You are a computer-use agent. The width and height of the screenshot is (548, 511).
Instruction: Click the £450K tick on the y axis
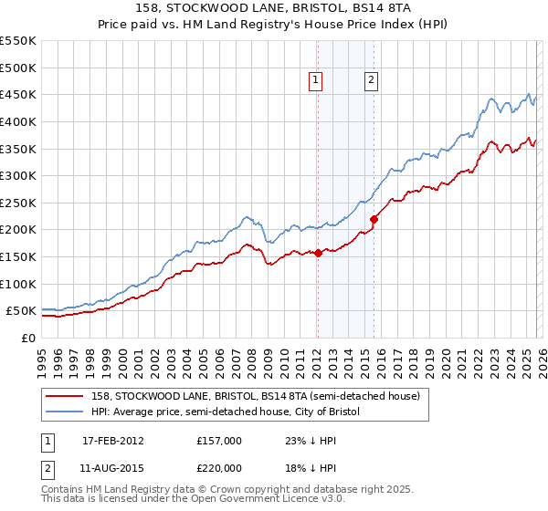(x=18, y=95)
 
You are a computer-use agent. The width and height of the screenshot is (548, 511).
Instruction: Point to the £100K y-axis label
(x=18, y=285)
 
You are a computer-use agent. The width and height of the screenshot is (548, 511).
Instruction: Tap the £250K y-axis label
(x=18, y=203)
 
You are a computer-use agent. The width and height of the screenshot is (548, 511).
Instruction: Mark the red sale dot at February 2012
(x=318, y=254)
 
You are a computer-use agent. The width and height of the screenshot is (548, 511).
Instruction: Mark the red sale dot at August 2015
(x=374, y=219)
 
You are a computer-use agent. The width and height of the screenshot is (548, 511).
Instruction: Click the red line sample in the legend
(x=65, y=396)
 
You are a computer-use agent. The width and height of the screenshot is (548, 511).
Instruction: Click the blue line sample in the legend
(x=65, y=412)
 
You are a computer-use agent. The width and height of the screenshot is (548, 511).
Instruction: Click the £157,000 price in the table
(x=219, y=440)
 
